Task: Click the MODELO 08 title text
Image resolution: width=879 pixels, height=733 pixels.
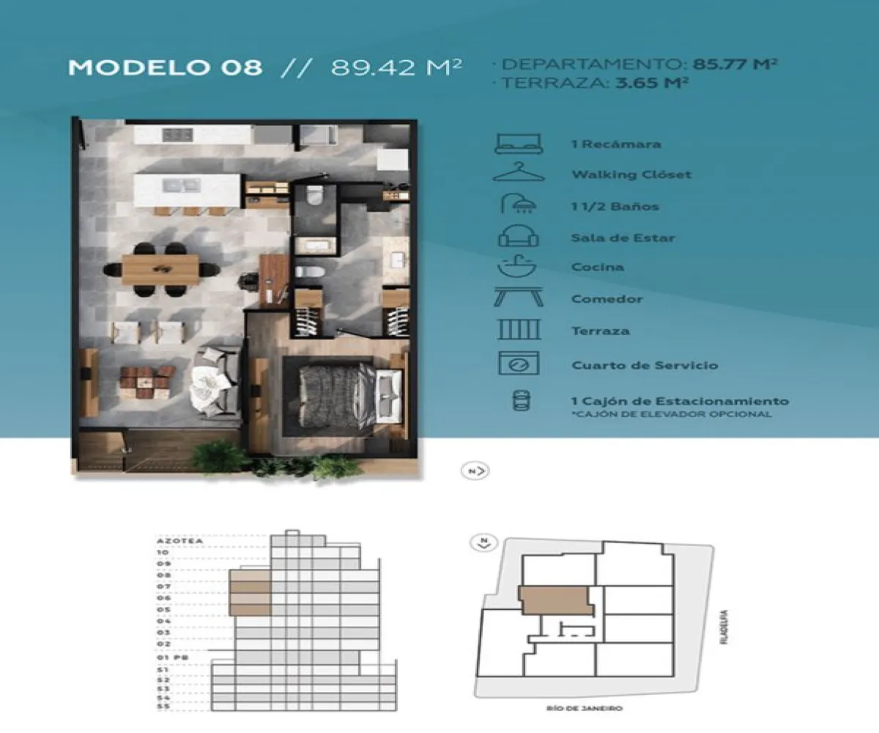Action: pyautogui.click(x=165, y=67)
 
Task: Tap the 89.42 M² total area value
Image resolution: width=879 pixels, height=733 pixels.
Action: pyautogui.click(x=396, y=67)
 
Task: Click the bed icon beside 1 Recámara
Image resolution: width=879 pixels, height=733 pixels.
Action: pyautogui.click(x=518, y=143)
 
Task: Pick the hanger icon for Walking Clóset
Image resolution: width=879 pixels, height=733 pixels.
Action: pyautogui.click(x=518, y=174)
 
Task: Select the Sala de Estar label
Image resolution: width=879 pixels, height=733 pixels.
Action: pyautogui.click(x=623, y=237)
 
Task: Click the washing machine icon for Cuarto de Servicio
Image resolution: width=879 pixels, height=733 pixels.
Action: pyautogui.click(x=518, y=364)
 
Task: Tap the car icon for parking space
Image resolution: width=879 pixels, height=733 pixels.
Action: pyautogui.click(x=518, y=401)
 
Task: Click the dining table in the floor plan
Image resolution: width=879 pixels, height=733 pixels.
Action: pyautogui.click(x=160, y=270)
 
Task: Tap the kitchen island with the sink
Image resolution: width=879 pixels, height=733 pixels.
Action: pyautogui.click(x=188, y=190)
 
